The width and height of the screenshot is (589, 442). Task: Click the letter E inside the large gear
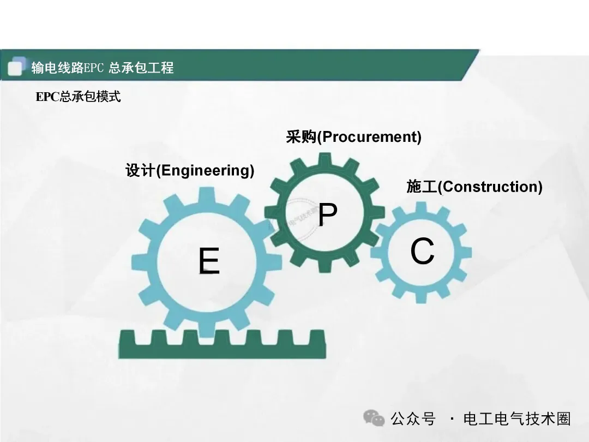(x=209, y=261)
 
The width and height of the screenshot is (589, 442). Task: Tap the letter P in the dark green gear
(x=328, y=216)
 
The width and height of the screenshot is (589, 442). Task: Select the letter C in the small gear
(x=422, y=252)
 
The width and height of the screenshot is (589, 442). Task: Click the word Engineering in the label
(x=205, y=171)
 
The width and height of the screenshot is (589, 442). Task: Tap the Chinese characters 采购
(x=301, y=137)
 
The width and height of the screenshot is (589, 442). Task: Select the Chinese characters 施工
(x=422, y=187)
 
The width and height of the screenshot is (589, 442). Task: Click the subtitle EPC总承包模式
(x=78, y=97)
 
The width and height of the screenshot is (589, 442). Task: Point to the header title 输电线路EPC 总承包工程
(x=103, y=68)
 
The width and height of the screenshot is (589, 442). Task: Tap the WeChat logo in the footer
(x=374, y=418)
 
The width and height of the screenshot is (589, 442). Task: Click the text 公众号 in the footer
(x=413, y=419)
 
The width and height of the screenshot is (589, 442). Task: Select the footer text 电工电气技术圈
(x=516, y=419)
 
